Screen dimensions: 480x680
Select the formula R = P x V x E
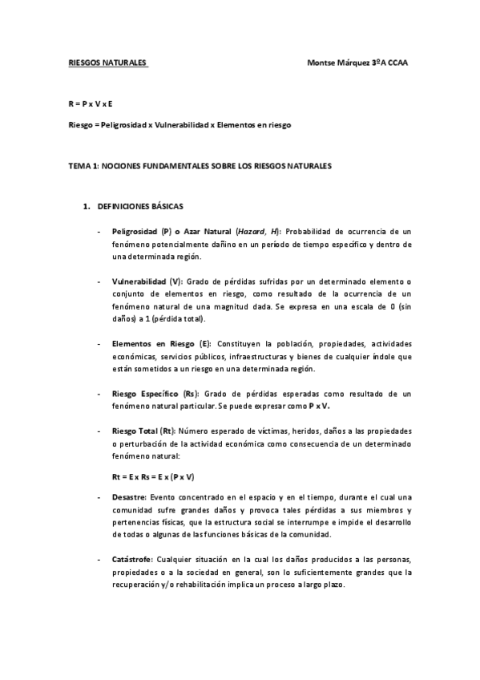91,105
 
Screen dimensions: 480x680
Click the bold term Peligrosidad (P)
140,231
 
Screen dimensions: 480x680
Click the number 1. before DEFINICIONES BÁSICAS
86,206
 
